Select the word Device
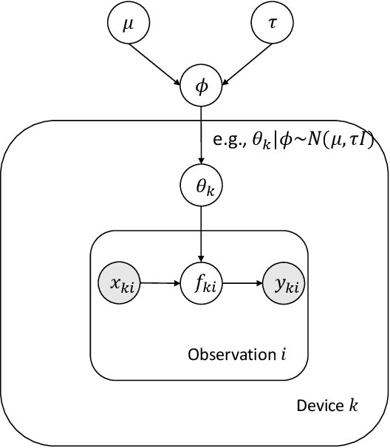(316, 406)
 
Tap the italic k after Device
(343, 406)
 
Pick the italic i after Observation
(283, 355)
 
